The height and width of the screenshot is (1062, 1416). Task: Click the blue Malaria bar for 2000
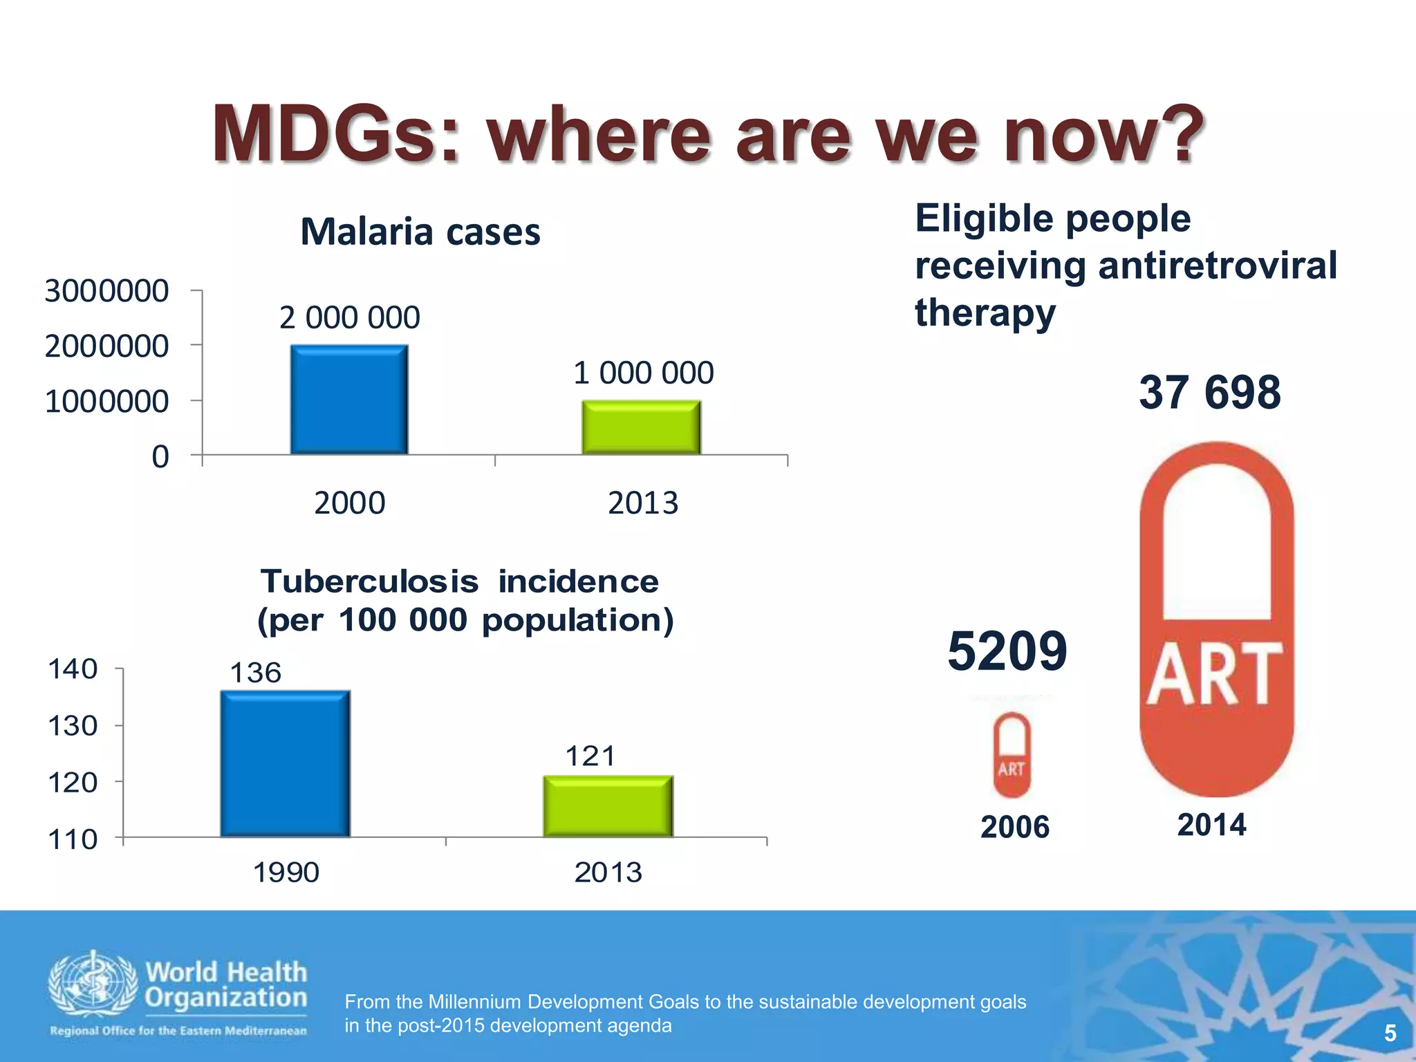[349, 400]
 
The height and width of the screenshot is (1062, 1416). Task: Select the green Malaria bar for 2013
[641, 427]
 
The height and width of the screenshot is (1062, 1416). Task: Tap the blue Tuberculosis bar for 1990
[285, 763]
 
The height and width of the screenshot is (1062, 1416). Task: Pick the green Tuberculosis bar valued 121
[608, 806]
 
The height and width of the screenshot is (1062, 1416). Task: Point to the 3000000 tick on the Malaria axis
[106, 291]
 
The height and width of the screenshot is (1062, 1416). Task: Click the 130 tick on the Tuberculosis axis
[73, 726]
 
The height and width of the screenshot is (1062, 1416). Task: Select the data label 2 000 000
[349, 318]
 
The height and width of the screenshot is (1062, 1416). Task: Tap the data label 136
[255, 673]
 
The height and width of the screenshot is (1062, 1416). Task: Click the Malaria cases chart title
[420, 232]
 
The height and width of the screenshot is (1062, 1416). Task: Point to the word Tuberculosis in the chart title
[369, 581]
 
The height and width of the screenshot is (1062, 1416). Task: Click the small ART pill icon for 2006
[1012, 754]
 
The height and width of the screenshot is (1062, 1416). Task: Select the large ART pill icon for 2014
[1216, 619]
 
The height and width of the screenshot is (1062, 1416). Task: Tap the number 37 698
[1209, 392]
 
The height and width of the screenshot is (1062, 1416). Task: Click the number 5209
[1007, 651]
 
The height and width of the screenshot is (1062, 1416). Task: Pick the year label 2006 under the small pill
[1014, 827]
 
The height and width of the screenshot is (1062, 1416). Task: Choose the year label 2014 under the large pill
[1211, 825]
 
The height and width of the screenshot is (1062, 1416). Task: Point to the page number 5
[1390, 1034]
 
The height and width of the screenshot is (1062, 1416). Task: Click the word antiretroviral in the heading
[1217, 265]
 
